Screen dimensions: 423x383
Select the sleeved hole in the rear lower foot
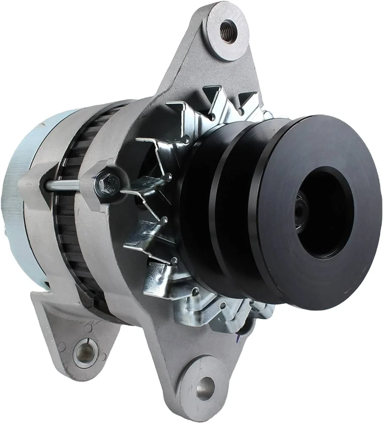[x=86, y=352]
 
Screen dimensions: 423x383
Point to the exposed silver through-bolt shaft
[x=64, y=185]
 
